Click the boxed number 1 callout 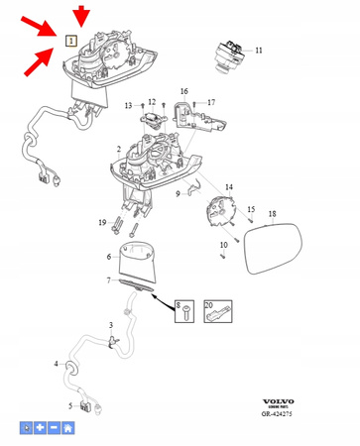[70, 41]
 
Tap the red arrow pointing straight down [81, 15]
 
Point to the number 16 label [183, 91]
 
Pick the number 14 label [229, 186]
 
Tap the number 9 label [179, 194]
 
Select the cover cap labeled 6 [139, 259]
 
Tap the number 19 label [101, 223]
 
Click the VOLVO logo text [279, 401]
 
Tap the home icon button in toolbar [68, 428]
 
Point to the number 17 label [210, 101]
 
